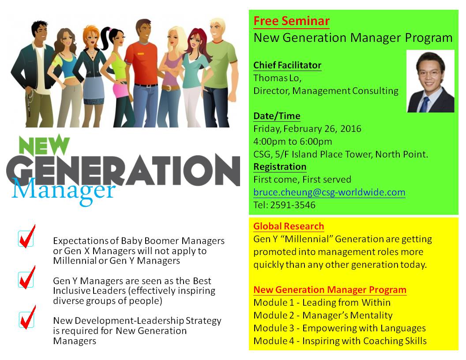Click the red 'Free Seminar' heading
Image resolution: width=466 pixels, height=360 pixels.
click(291, 21)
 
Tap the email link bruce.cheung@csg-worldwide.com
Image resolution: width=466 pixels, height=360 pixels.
click(329, 192)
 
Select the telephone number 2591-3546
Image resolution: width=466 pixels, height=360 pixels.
click(293, 205)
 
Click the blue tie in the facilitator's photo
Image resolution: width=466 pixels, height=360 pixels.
click(425, 104)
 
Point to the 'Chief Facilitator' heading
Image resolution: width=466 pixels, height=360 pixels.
click(287, 65)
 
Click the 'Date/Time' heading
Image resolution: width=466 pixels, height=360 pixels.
click(277, 116)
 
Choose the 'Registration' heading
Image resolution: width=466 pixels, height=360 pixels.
click(280, 167)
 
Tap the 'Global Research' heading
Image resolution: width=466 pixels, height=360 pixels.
click(289, 226)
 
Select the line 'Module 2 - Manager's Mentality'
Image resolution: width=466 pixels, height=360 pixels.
click(323, 315)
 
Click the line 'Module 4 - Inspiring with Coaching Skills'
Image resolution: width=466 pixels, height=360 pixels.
click(340, 341)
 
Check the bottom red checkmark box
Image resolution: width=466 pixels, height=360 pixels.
click(27, 318)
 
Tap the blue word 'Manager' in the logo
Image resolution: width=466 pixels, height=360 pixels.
click(63, 191)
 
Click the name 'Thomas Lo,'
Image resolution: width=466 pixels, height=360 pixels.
click(277, 78)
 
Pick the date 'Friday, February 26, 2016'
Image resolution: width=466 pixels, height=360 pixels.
click(307, 129)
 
